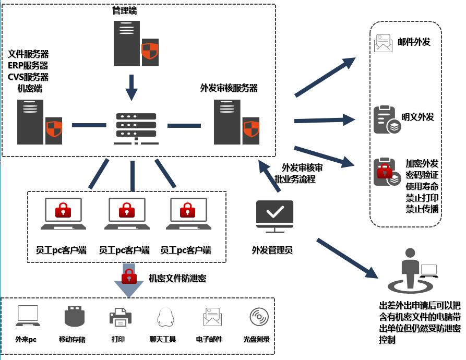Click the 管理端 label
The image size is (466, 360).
pyautogui.click(x=125, y=10)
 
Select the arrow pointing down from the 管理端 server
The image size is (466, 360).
pyautogui.click(x=132, y=88)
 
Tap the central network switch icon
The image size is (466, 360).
pyautogui.click(x=136, y=129)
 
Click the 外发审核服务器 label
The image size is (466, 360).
pyautogui.click(x=229, y=88)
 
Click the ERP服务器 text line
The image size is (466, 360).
pyautogui.click(x=28, y=65)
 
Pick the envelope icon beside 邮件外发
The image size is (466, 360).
pyautogui.click(x=383, y=43)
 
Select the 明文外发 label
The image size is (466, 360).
pyautogui.click(x=417, y=117)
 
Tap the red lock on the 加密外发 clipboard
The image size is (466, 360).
pyautogui.click(x=385, y=171)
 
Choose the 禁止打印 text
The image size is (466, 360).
pyautogui.click(x=422, y=198)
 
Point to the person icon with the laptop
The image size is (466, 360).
pyautogui.click(x=412, y=270)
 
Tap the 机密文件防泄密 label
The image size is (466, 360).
pyautogui.click(x=177, y=278)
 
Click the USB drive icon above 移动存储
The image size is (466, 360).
pyautogui.click(x=75, y=316)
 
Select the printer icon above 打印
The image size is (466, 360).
pyautogui.click(x=121, y=317)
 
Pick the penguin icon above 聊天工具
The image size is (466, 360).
pyautogui.click(x=165, y=317)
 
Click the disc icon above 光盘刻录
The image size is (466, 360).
pyautogui.click(x=259, y=317)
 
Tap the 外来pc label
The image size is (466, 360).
pyautogui.click(x=26, y=339)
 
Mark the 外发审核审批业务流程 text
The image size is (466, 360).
pyautogui.click(x=298, y=173)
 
